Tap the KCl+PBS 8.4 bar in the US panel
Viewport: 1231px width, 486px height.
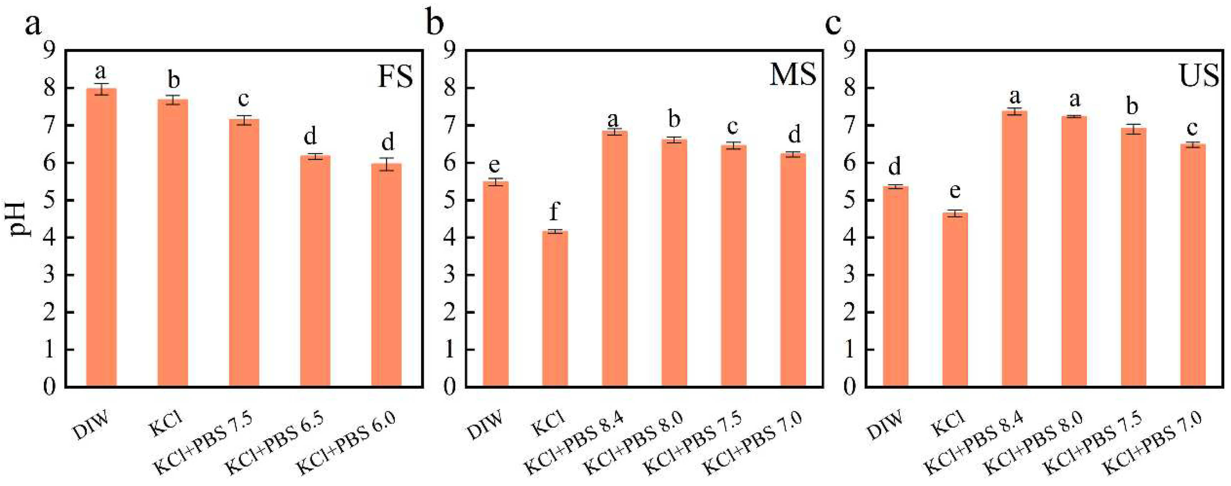click(1014, 248)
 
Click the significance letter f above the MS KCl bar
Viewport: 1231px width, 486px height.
click(554, 211)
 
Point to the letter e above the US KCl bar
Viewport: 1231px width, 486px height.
click(955, 191)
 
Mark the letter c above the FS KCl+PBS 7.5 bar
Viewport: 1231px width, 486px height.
click(244, 99)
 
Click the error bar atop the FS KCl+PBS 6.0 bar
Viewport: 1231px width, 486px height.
click(387, 164)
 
